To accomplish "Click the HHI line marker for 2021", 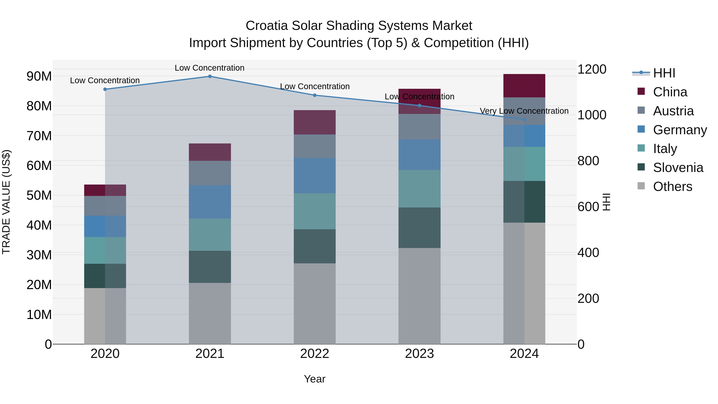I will (x=210, y=76).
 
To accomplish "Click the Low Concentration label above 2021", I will (x=209, y=68).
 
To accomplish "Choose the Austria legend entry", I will (x=673, y=111).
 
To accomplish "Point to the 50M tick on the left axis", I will (x=39, y=196).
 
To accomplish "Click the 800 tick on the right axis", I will (x=588, y=161).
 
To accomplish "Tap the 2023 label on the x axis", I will (x=419, y=354).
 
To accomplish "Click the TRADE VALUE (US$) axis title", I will (x=6, y=202).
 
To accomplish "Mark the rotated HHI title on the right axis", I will (x=607, y=202).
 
